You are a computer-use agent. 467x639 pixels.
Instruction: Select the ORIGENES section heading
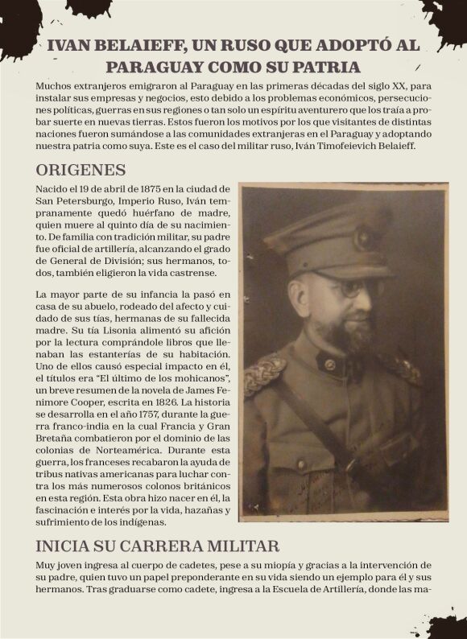pyautogui.click(x=81, y=170)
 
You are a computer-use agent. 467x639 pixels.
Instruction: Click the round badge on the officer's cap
pyautogui.click(x=365, y=237)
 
